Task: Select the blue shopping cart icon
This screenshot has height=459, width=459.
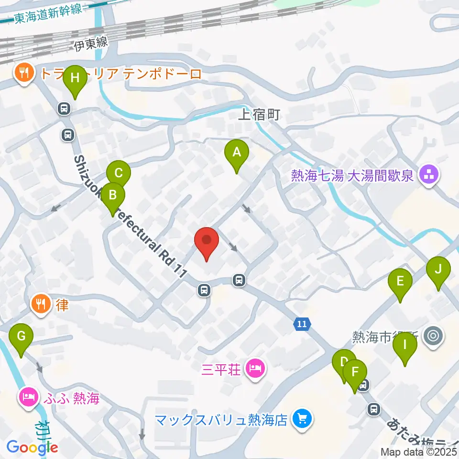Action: tap(302, 419)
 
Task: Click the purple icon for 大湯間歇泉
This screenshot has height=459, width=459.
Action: tap(428, 175)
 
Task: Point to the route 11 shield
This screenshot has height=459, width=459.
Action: tap(301, 324)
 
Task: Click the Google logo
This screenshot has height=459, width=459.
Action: tap(32, 447)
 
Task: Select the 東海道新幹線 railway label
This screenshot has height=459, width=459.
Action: tap(47, 14)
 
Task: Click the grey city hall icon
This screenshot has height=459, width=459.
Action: tap(434, 336)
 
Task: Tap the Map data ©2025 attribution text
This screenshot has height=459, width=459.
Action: tap(419, 451)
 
